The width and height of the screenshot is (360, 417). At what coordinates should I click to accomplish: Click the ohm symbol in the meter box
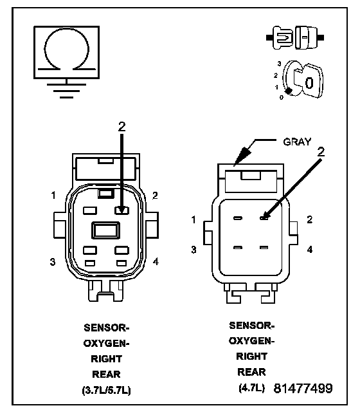(x=66, y=29)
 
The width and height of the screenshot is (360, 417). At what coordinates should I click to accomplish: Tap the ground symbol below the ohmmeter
(x=66, y=91)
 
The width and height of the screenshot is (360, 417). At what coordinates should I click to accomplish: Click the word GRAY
(x=297, y=142)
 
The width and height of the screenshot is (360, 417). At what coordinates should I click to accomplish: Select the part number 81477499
(x=303, y=389)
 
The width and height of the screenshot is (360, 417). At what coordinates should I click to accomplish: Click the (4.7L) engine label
(x=251, y=388)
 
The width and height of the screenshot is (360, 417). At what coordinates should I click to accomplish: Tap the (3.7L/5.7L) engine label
(x=106, y=391)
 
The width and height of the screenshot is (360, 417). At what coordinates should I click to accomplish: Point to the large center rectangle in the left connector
(x=105, y=230)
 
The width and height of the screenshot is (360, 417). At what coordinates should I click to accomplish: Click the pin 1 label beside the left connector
(x=53, y=196)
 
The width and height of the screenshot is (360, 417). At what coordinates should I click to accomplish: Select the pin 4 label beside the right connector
(x=310, y=250)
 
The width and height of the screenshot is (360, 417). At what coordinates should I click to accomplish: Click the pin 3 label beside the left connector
(x=53, y=262)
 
